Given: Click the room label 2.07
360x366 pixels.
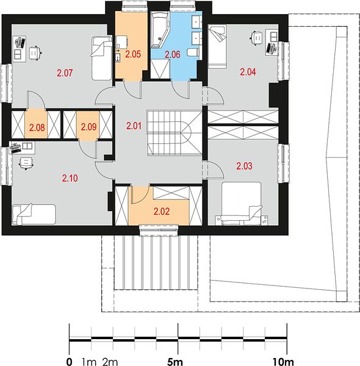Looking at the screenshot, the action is tap(65, 73).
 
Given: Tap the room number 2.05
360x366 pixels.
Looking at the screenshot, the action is tap(133, 54).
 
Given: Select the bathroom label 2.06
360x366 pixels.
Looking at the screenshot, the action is tap(173, 55).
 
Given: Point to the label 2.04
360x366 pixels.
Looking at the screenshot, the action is tap(248, 72).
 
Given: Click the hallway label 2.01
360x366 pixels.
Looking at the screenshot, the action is tap(134, 126).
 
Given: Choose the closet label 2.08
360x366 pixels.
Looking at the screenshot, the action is tap(37, 127).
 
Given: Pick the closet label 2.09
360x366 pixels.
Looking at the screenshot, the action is tap(88, 127).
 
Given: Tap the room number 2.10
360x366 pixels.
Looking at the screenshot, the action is tap(70, 178).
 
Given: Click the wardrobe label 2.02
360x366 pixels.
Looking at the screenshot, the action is tap(162, 212).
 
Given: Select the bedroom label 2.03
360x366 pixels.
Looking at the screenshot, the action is tap(245, 166).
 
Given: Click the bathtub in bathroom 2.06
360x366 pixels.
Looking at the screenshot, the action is tap(159, 29).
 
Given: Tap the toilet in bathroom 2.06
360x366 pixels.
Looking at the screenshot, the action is tap(193, 52).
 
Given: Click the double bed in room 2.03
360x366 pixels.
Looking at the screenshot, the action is tap(242, 203).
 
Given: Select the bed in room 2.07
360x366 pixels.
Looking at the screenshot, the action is tap(101, 58).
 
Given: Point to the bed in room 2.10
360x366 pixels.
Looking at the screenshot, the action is tap(34, 214).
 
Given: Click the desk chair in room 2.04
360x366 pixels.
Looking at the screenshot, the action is tap(257, 37).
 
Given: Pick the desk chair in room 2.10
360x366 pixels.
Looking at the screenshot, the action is tap(26, 163).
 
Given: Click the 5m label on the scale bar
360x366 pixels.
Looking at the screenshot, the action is tap(175, 362).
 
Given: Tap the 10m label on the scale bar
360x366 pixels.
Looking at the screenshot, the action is tap(283, 362).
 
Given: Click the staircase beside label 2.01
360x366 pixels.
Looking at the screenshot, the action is tap(174, 133).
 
